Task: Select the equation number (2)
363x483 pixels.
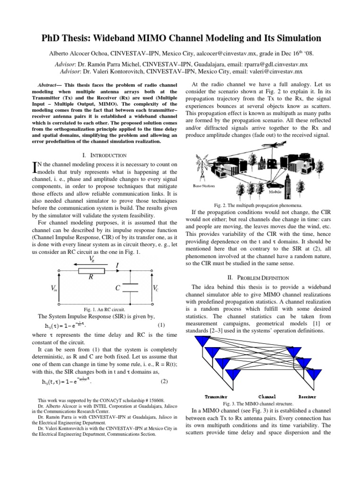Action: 164,381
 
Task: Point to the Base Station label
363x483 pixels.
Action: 204,186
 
